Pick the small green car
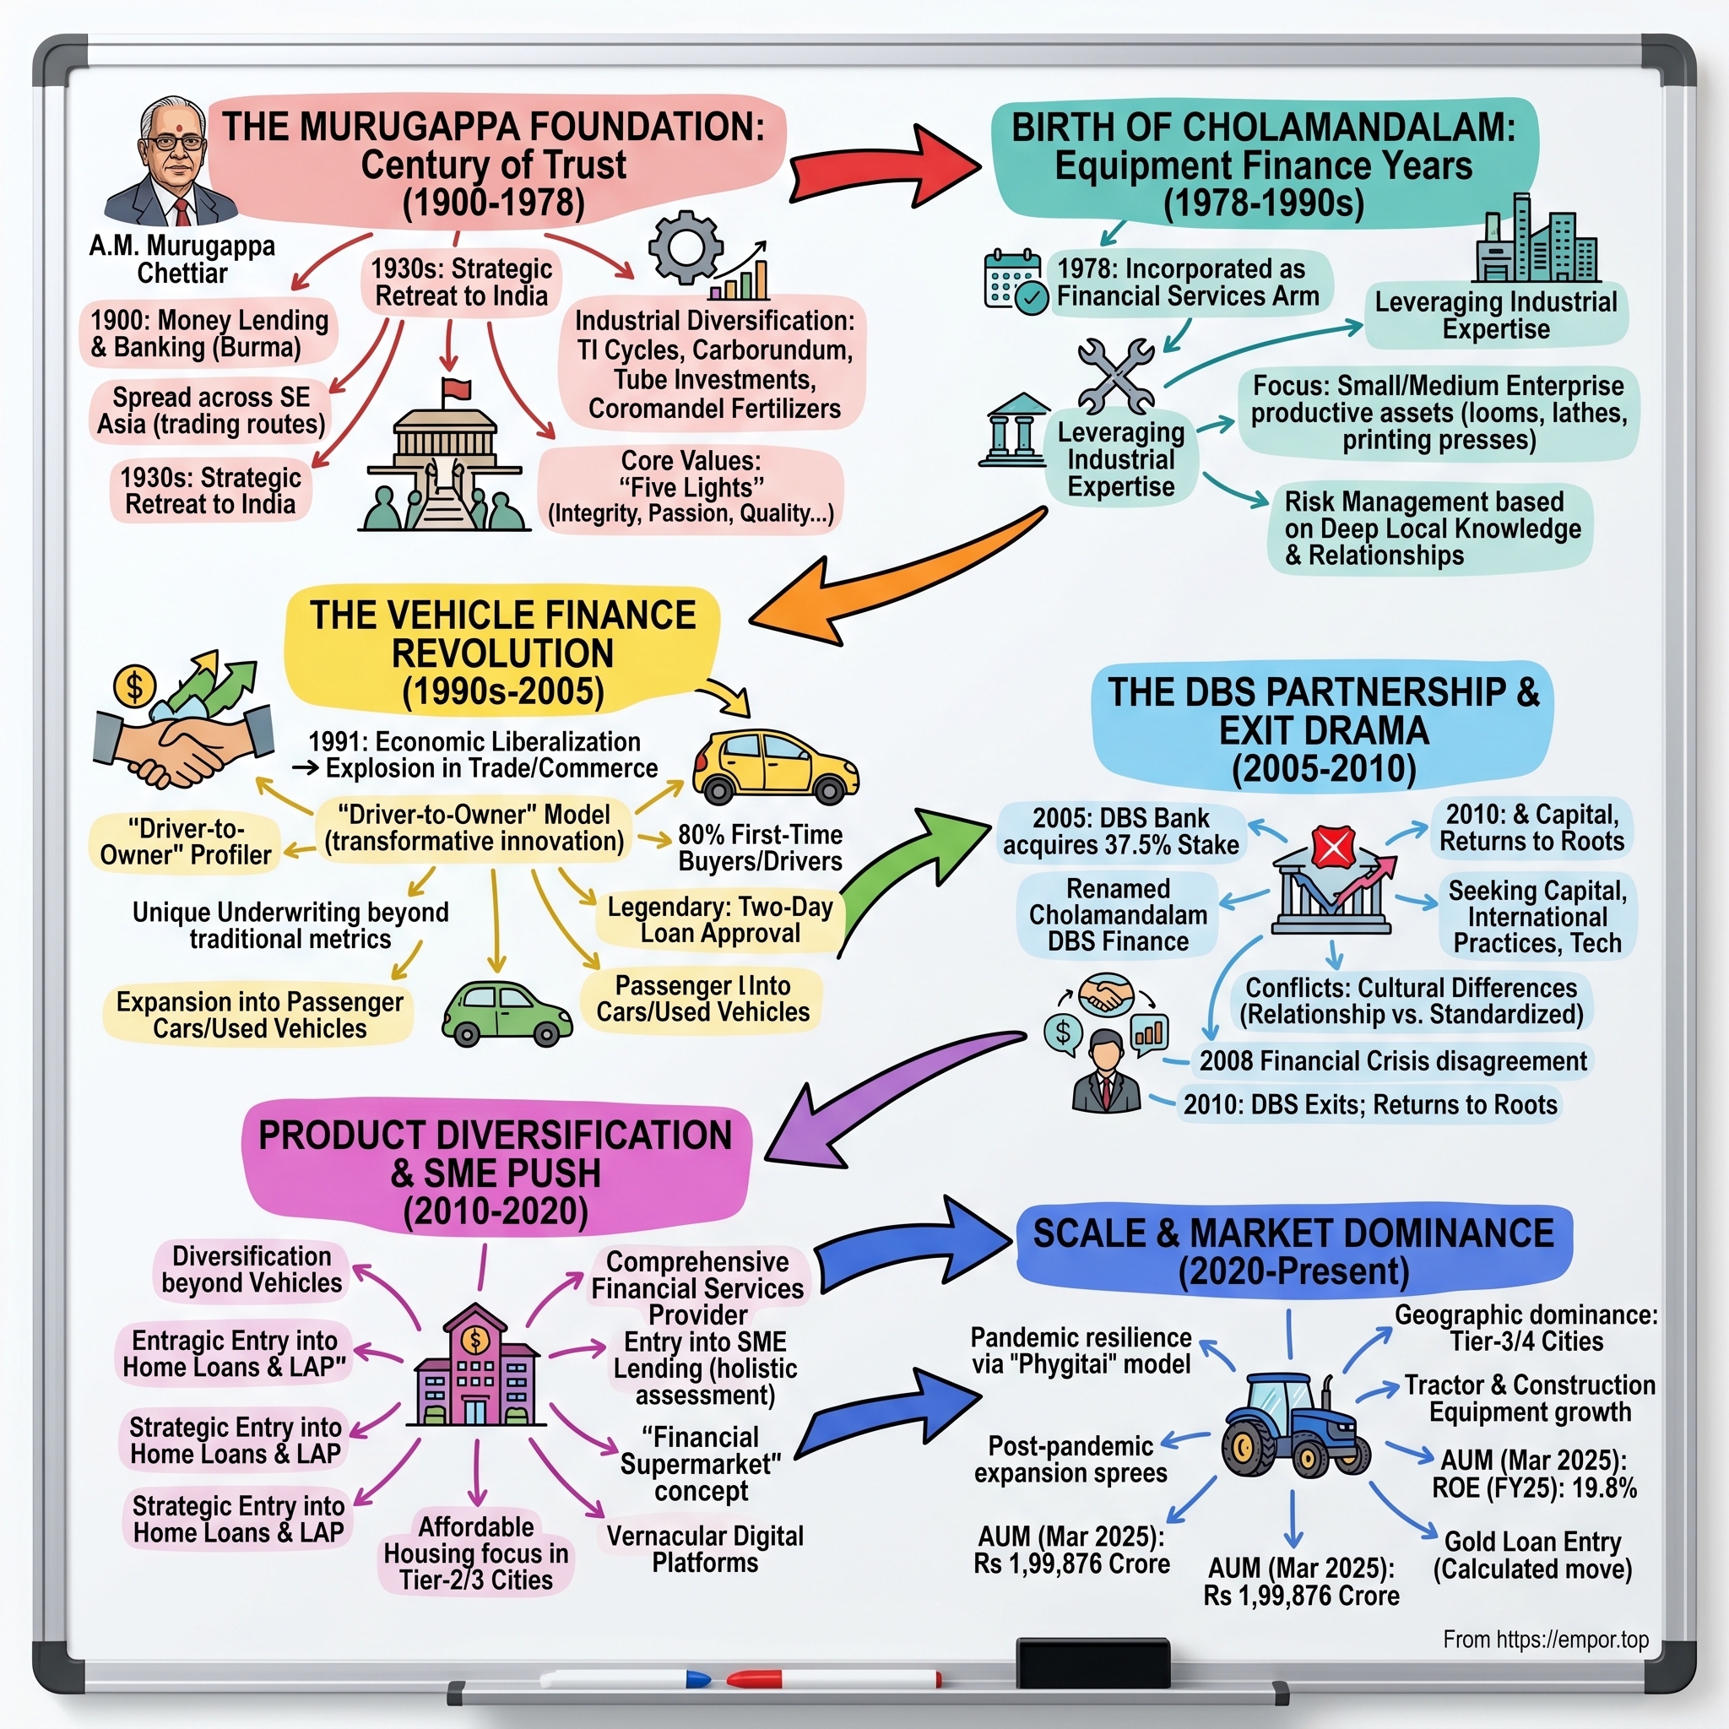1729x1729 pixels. pos(506,1013)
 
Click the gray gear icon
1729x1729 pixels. pos(686,247)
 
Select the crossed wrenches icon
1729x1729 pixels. pos(1115,375)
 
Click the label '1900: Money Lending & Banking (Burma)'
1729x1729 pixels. pos(209,333)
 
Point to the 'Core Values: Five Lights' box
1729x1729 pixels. pos(691,487)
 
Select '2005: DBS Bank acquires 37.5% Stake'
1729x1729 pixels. pos(1120,832)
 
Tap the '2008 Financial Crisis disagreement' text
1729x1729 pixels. pos(1392,1061)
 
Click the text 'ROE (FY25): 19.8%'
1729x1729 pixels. pos(1534,1488)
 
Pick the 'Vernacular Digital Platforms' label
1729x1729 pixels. pos(705,1549)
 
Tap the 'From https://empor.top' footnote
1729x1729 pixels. pos(1546,1640)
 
